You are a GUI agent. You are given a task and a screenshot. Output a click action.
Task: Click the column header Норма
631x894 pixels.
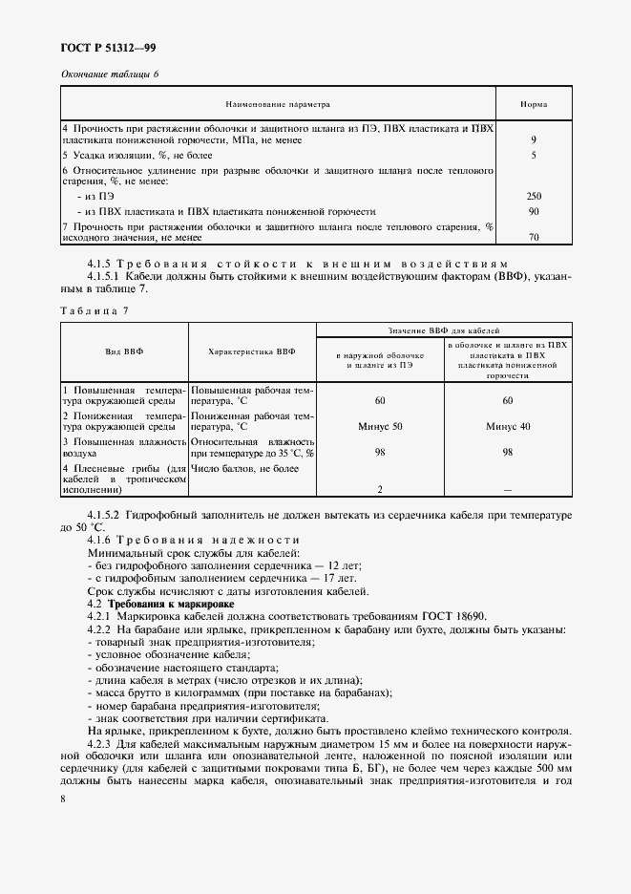tap(533, 104)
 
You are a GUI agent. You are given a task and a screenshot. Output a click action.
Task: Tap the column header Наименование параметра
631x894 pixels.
tap(277, 104)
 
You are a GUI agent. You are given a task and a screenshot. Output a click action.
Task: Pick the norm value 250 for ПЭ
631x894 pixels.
tap(534, 195)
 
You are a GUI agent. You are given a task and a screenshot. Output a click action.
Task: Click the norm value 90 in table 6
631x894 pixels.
tap(534, 210)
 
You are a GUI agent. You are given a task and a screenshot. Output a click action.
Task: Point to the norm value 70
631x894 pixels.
tap(534, 237)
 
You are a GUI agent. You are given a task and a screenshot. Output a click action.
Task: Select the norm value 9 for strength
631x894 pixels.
tap(534, 139)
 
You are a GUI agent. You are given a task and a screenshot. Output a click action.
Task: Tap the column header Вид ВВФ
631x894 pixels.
tap(125, 351)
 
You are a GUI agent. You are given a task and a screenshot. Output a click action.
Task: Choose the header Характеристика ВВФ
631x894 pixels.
tap(252, 351)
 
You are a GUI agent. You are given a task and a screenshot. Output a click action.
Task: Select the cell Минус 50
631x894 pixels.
tap(380, 425)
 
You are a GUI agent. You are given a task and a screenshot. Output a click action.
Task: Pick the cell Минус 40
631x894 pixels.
tap(507, 425)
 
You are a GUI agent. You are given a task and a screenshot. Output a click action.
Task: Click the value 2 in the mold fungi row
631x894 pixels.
tap(380, 489)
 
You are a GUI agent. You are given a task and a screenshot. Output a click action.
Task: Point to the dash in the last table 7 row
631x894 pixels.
tap(507, 489)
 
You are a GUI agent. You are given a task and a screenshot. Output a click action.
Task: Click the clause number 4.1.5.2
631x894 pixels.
tap(107, 515)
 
